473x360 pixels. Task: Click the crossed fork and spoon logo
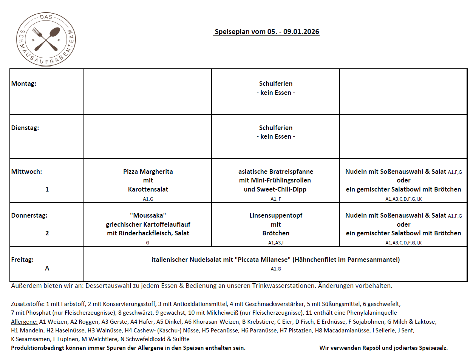pyautogui.click(x=46, y=39)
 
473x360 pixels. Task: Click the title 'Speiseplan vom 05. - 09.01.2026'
pyautogui.click(x=267, y=32)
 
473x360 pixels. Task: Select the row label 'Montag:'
pyautogui.click(x=24, y=83)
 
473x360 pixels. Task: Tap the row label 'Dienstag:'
pyautogui.click(x=25, y=128)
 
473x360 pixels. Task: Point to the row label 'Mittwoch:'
pyautogui.click(x=26, y=172)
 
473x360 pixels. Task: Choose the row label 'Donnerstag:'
pyautogui.click(x=29, y=215)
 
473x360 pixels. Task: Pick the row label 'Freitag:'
pyautogui.click(x=22, y=260)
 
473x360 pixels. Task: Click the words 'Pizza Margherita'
pyautogui.click(x=148, y=172)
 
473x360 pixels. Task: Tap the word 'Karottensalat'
pyautogui.click(x=148, y=189)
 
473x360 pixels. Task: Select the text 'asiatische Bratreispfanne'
pyautogui.click(x=275, y=172)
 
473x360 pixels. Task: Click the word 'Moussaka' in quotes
pyautogui.click(x=148, y=215)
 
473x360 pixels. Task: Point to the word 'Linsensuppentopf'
pyautogui.click(x=275, y=215)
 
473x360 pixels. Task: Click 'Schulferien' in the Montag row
pyautogui.click(x=275, y=83)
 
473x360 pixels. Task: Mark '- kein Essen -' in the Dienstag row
pyautogui.click(x=275, y=136)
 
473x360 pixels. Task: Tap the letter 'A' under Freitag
pyautogui.click(x=47, y=268)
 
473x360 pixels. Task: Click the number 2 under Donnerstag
pyautogui.click(x=47, y=233)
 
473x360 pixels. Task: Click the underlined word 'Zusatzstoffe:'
pyautogui.click(x=28, y=304)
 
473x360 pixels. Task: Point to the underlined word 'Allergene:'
pyautogui.click(x=24, y=321)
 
